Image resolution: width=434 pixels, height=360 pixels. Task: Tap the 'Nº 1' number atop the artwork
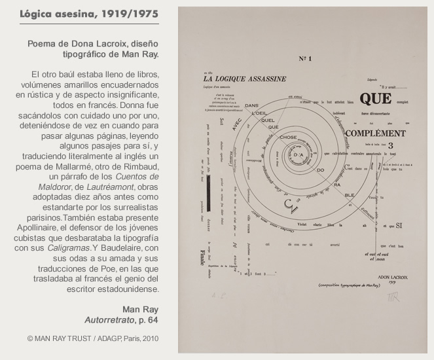305,59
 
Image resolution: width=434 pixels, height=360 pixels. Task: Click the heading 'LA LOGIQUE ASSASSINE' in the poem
244,79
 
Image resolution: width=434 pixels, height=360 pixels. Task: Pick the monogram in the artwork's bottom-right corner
393,297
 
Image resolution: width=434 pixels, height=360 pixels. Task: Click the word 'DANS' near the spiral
251,105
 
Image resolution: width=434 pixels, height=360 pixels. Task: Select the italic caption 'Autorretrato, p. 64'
121,321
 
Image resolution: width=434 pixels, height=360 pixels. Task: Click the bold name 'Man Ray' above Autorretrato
140,310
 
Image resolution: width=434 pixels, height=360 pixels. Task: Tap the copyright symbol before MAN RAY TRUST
30,338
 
